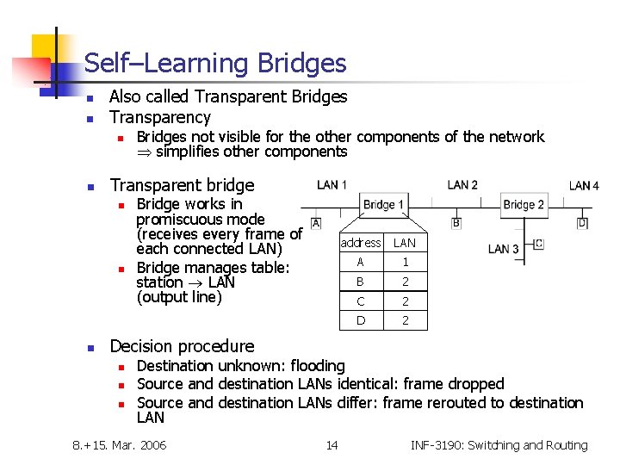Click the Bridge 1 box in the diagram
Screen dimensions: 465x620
click(x=384, y=205)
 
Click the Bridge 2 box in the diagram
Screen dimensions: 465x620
click(x=524, y=205)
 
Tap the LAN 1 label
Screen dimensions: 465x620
click(x=332, y=185)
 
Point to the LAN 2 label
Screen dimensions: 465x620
click(x=462, y=185)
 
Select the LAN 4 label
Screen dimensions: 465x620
click(x=584, y=186)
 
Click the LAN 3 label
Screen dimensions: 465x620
click(x=503, y=249)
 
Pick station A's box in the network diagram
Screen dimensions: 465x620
click(x=316, y=223)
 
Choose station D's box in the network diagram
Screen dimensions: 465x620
click(x=582, y=223)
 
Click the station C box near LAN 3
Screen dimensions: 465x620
click(x=538, y=244)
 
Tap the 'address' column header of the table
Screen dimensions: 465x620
click(x=360, y=243)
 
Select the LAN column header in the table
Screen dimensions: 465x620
click(x=405, y=243)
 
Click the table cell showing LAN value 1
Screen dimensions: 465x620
click(x=405, y=262)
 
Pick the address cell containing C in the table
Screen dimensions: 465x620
click(x=360, y=301)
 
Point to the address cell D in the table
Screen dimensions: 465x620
click(x=360, y=320)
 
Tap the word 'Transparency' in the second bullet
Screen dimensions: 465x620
click(x=160, y=117)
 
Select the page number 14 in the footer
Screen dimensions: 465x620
click(x=332, y=445)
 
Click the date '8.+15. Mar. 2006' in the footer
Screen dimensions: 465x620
click(x=120, y=445)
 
